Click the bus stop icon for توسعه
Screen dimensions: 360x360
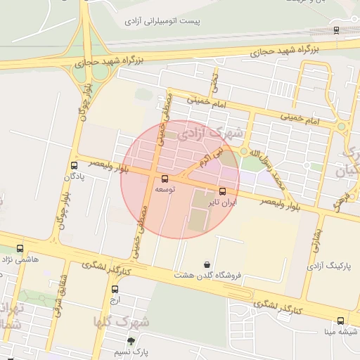pyautogui.click(x=165, y=179)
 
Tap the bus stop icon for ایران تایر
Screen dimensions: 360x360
pyautogui.click(x=223, y=191)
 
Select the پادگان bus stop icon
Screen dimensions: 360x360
pyautogui.click(x=74, y=165)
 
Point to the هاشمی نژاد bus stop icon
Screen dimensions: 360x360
pyautogui.click(x=20, y=248)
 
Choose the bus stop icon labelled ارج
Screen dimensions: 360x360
pyautogui.click(x=115, y=288)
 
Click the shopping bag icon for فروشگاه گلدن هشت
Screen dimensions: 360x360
pyautogui.click(x=207, y=264)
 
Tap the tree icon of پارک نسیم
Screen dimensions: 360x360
pyautogui.click(x=130, y=341)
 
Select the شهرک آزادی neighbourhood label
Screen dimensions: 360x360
pyautogui.click(x=211, y=131)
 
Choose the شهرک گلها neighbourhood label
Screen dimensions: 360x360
pyautogui.click(x=122, y=321)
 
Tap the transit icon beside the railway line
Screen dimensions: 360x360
pyautogui.click(x=336, y=30)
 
